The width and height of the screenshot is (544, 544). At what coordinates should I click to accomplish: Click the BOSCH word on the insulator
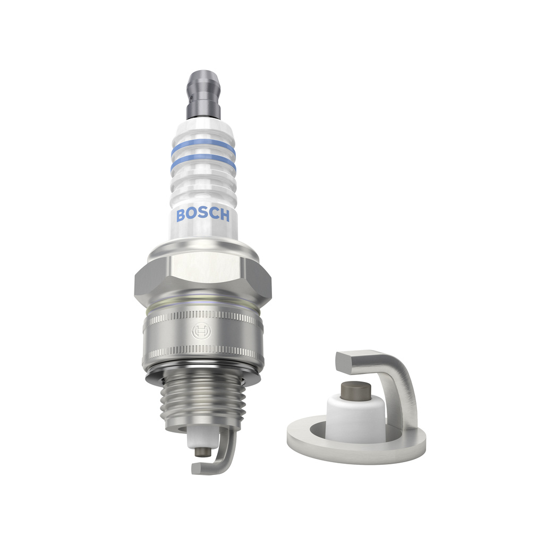coord(203,215)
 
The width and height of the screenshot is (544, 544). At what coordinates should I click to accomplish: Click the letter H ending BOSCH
coord(225,216)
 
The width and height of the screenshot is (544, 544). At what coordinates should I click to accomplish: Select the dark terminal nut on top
coord(203,95)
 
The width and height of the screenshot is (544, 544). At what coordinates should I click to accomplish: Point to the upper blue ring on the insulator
coord(203,145)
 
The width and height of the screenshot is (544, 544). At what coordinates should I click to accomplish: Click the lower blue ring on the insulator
coord(203,163)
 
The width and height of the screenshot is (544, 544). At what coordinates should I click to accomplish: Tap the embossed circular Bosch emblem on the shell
coord(201,332)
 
